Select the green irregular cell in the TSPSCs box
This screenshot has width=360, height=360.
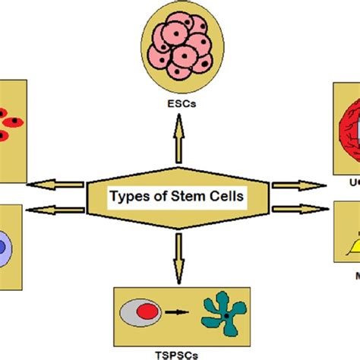[x=224, y=312]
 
